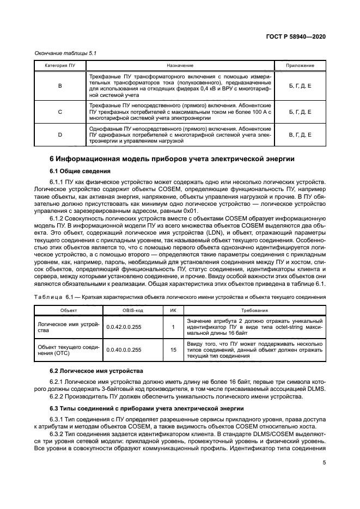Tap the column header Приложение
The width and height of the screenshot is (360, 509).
[300, 65]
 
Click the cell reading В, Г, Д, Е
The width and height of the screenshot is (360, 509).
[300, 134]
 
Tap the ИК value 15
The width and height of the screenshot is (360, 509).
[173, 349]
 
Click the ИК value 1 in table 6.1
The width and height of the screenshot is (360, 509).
[173, 327]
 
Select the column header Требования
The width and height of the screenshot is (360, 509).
[255, 310]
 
